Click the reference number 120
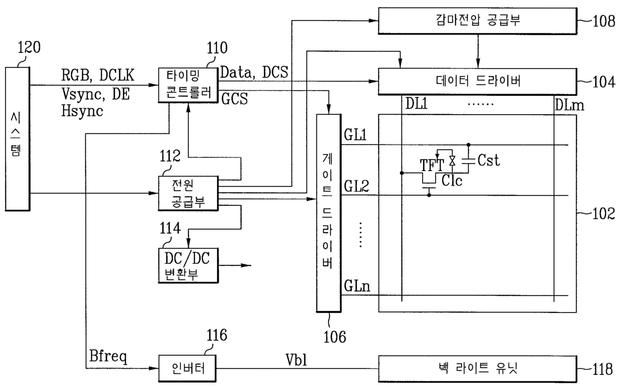[x=29, y=47]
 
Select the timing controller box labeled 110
[x=188, y=85]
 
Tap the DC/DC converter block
[x=188, y=265]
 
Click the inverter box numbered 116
[x=187, y=368]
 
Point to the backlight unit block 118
[x=477, y=369]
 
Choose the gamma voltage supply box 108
[x=477, y=21]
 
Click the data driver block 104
[x=477, y=81]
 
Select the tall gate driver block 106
[x=329, y=213]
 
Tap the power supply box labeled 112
[x=188, y=193]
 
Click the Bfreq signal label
[x=108, y=356]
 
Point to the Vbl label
[x=296, y=360]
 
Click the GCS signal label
[x=234, y=99]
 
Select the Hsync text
[x=82, y=111]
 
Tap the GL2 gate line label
[x=356, y=186]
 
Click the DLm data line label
[x=569, y=105]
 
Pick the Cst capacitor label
[x=489, y=160]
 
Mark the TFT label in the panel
[x=432, y=165]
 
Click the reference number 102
[x=603, y=213]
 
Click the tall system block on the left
[x=17, y=139]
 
